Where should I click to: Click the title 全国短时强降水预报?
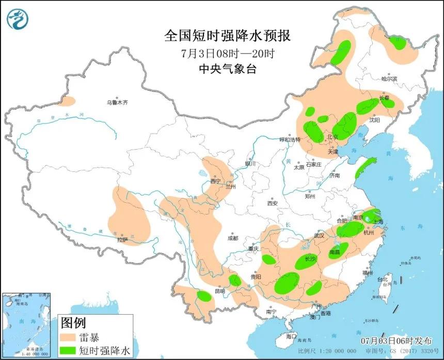228,36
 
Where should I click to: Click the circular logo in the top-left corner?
18,19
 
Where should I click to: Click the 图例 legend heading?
73,323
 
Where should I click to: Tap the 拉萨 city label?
122,239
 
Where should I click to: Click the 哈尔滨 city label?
389,79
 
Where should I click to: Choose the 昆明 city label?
220,291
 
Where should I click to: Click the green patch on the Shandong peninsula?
365,168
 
